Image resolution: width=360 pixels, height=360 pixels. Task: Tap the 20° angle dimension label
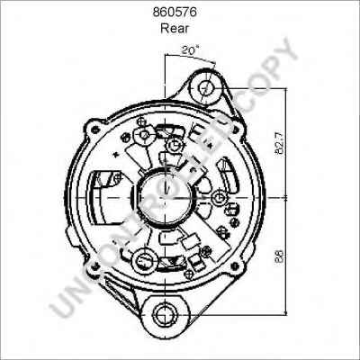click(x=190, y=52)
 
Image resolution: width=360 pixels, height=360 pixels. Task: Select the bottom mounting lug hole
click(x=166, y=314)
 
